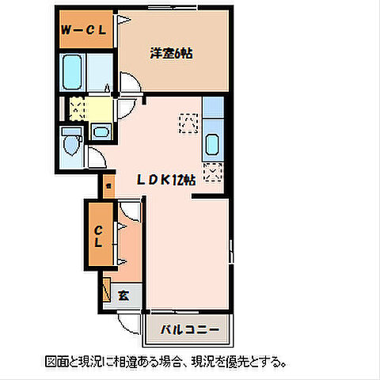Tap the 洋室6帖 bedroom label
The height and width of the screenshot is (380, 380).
pos(173,54)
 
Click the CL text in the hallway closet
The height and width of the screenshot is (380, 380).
pos(99,236)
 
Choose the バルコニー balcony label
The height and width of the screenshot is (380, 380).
pos(188,327)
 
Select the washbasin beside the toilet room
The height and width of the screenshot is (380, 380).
pos(101,131)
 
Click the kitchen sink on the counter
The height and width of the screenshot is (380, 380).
pos(212,145)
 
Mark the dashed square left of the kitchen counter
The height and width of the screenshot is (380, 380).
pos(188,123)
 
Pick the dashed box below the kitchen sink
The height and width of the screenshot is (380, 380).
pos(213,170)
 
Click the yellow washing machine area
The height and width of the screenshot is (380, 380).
pos(78,107)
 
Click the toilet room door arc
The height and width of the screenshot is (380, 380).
pos(95,156)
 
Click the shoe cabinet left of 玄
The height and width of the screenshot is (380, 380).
pos(107,288)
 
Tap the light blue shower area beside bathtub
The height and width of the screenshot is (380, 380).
pos(101,74)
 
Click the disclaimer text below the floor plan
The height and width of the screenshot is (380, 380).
pos(166,361)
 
